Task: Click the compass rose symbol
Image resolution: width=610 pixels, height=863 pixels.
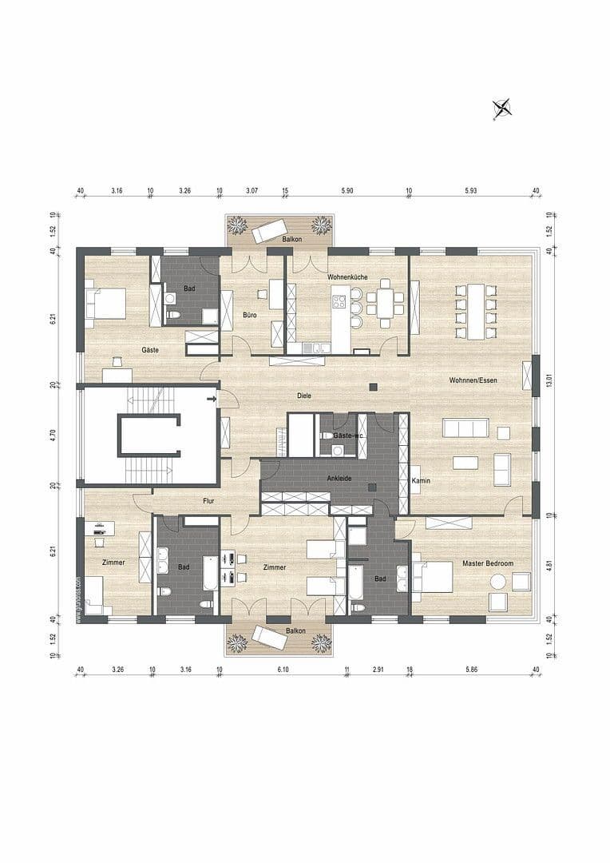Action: (x=502, y=109)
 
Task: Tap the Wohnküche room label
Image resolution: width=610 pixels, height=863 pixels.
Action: (x=347, y=276)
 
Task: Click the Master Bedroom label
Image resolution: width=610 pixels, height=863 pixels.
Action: (x=488, y=563)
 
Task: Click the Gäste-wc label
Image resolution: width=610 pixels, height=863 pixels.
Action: (x=348, y=436)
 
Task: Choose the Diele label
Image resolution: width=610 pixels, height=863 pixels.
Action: (x=303, y=396)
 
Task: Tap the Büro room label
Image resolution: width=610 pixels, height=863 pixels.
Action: (x=250, y=316)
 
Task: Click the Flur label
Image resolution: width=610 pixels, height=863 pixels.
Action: (x=191, y=501)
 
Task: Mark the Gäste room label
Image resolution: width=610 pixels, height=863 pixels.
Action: (x=149, y=351)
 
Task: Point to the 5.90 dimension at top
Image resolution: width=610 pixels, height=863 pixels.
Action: (x=347, y=191)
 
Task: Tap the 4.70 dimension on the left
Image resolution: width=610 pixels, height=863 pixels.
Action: (x=53, y=435)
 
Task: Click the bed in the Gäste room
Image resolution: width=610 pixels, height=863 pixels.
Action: (x=105, y=303)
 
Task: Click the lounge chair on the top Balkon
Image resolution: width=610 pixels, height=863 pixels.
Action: (x=269, y=231)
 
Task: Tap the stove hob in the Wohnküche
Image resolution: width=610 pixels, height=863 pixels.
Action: (x=339, y=302)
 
